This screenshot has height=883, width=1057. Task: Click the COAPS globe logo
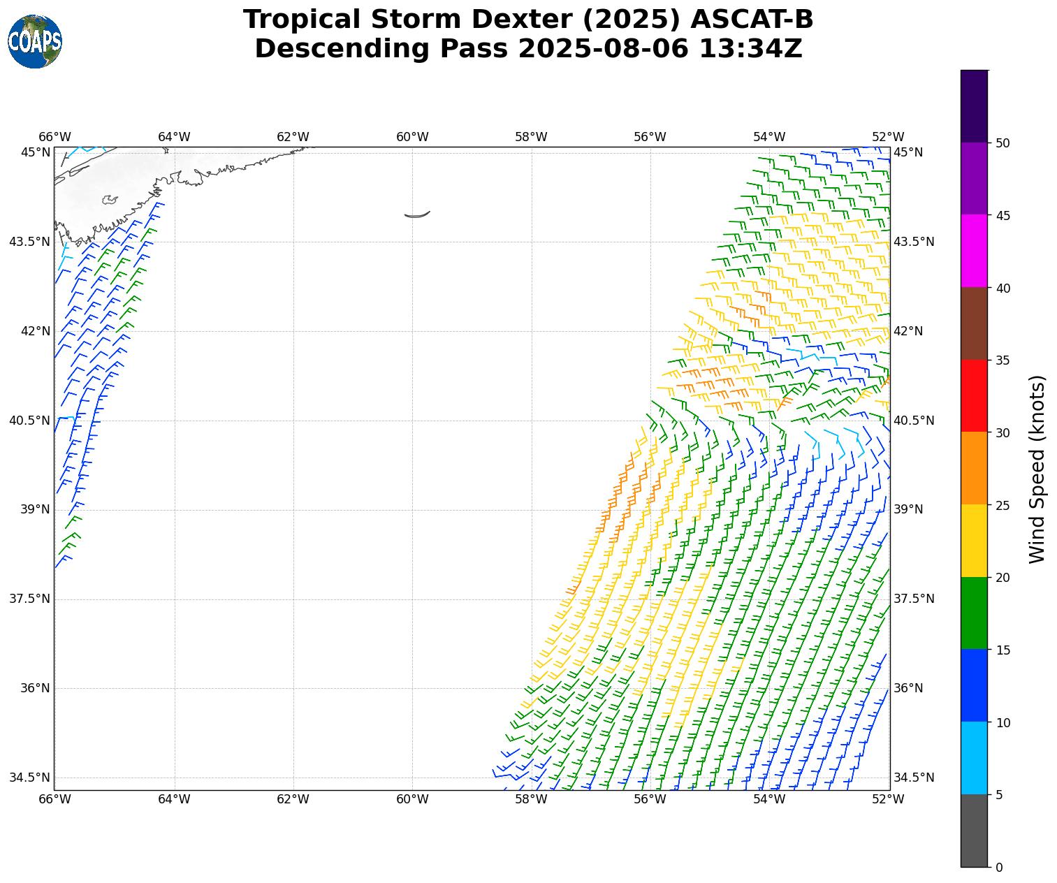(35, 41)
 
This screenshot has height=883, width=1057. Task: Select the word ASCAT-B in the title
(752, 20)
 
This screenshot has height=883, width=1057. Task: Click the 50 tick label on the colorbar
(1003, 143)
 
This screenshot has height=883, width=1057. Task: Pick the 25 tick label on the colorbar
(1003, 505)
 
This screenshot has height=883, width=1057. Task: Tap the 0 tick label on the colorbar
(999, 868)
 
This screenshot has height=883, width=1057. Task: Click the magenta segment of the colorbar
(974, 251)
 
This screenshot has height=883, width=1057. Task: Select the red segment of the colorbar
(974, 395)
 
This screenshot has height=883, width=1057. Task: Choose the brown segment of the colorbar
(974, 323)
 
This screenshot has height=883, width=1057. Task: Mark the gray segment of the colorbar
(974, 831)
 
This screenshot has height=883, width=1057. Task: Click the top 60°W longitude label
(412, 137)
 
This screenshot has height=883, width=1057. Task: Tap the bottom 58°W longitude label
(531, 799)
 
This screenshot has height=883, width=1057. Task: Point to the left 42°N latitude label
(34, 331)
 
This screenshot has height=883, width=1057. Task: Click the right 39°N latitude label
(909, 509)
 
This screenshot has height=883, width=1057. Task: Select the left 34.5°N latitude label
(30, 778)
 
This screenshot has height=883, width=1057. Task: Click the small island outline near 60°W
(417, 214)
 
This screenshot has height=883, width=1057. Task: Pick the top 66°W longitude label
(54, 137)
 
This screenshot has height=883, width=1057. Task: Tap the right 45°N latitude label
(909, 152)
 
